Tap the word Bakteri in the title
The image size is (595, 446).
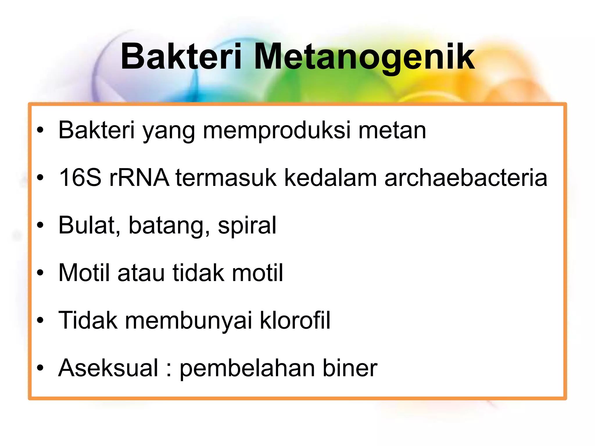pyautogui.click(x=181, y=57)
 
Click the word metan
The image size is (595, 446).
pyautogui.click(x=392, y=131)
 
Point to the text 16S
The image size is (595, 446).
pyautogui.click(x=80, y=178)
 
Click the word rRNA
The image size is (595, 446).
pyautogui.click(x=139, y=178)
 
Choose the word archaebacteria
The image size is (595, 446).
pyautogui.click(x=466, y=178)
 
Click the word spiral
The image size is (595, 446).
pyautogui.click(x=247, y=225)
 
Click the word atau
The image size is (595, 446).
pyautogui.click(x=141, y=273)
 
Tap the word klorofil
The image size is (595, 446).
pyautogui.click(x=295, y=320)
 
